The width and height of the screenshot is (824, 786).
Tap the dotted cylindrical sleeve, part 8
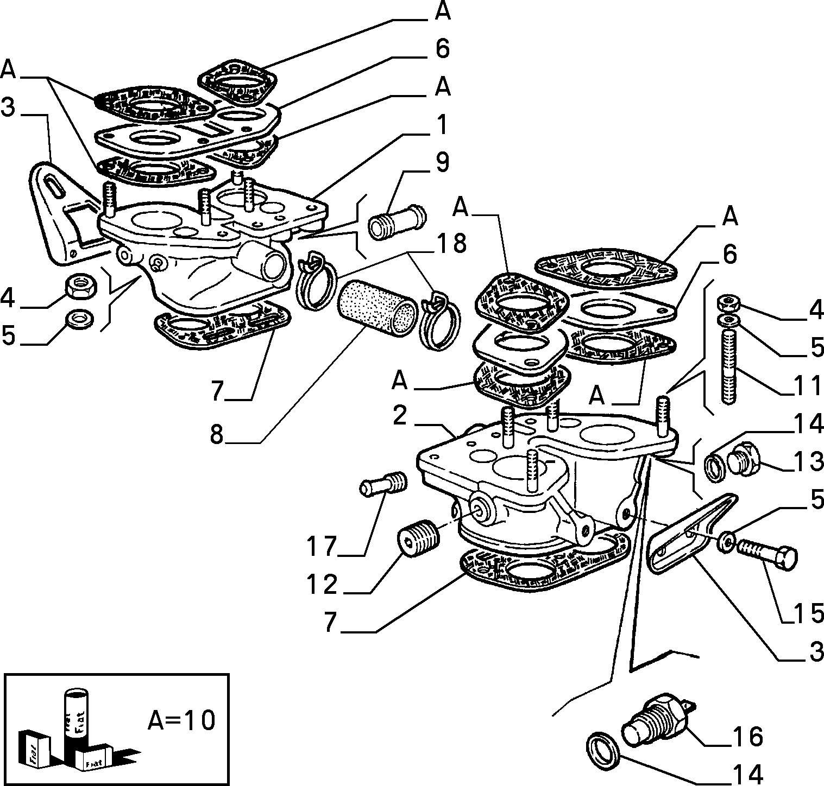376,308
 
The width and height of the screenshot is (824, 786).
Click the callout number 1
443,124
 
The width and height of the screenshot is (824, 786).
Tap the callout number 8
217,434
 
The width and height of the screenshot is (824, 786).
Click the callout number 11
808,386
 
